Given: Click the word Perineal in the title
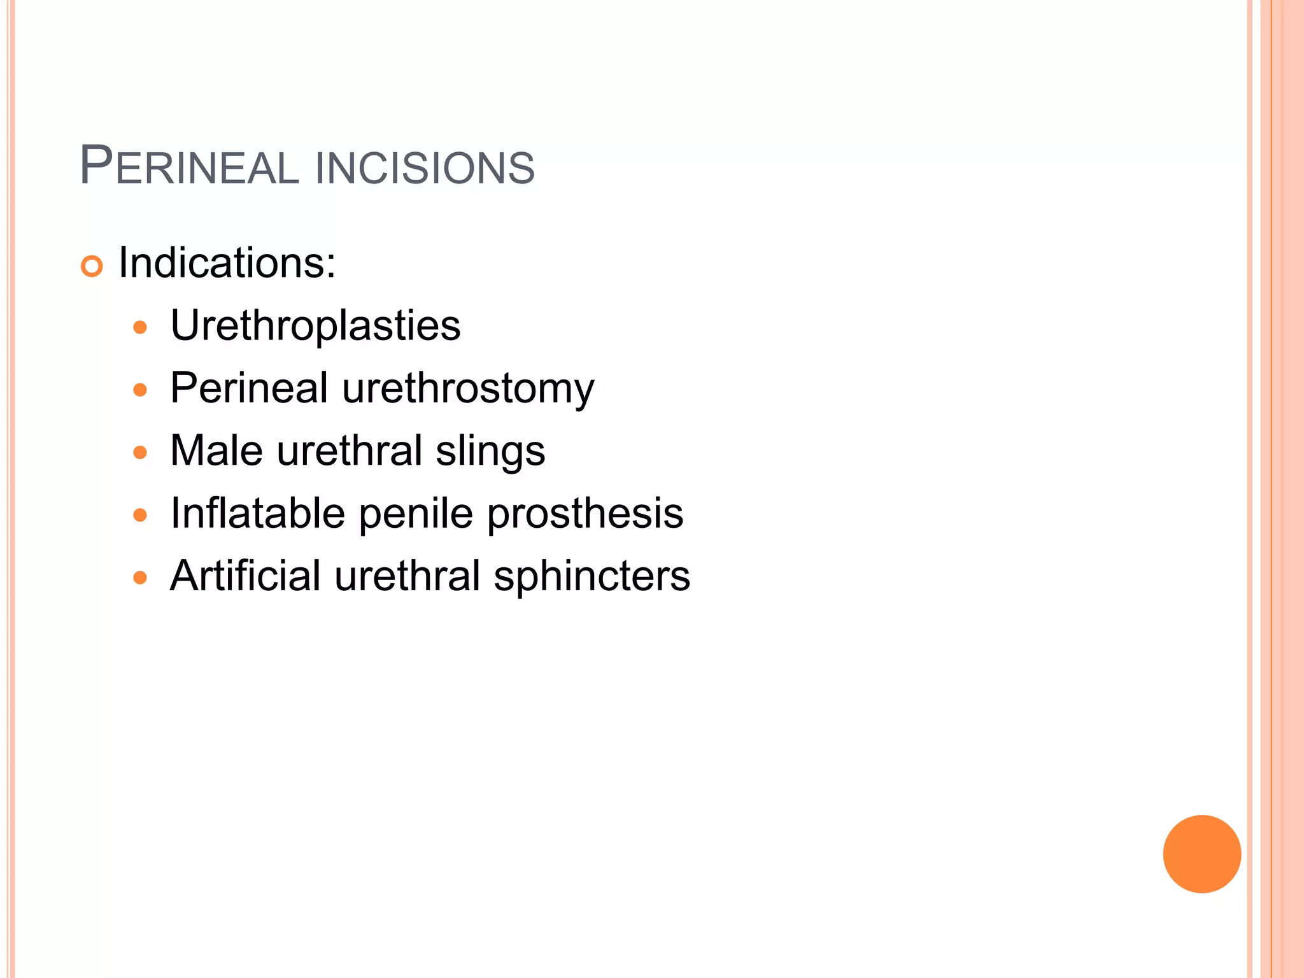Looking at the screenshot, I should pyautogui.click(x=189, y=167).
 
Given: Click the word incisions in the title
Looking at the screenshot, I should pyautogui.click(x=425, y=168).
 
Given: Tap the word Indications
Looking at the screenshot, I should pyautogui.click(x=227, y=262).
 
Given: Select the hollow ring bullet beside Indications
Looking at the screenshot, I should pyautogui.click(x=92, y=266).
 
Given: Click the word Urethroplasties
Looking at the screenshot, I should pyautogui.click(x=315, y=325).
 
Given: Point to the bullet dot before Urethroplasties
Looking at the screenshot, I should pyautogui.click(x=140, y=328).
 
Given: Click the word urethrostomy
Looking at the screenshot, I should pyautogui.click(x=468, y=388).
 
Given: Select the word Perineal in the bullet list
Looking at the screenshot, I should pyautogui.click(x=249, y=387).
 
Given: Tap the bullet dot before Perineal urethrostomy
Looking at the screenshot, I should pyautogui.click(x=140, y=390).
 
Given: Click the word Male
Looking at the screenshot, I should pyautogui.click(x=216, y=450).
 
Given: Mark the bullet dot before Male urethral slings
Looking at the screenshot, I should pyautogui.click(x=140, y=453).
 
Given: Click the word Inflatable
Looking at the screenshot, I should pyautogui.click(x=258, y=513).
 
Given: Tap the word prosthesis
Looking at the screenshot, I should pyautogui.click(x=585, y=513).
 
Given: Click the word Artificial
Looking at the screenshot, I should pyautogui.click(x=245, y=575).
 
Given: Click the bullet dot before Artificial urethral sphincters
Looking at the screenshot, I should pyautogui.click(x=140, y=578).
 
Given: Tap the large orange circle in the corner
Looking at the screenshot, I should pyautogui.click(x=1201, y=854).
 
